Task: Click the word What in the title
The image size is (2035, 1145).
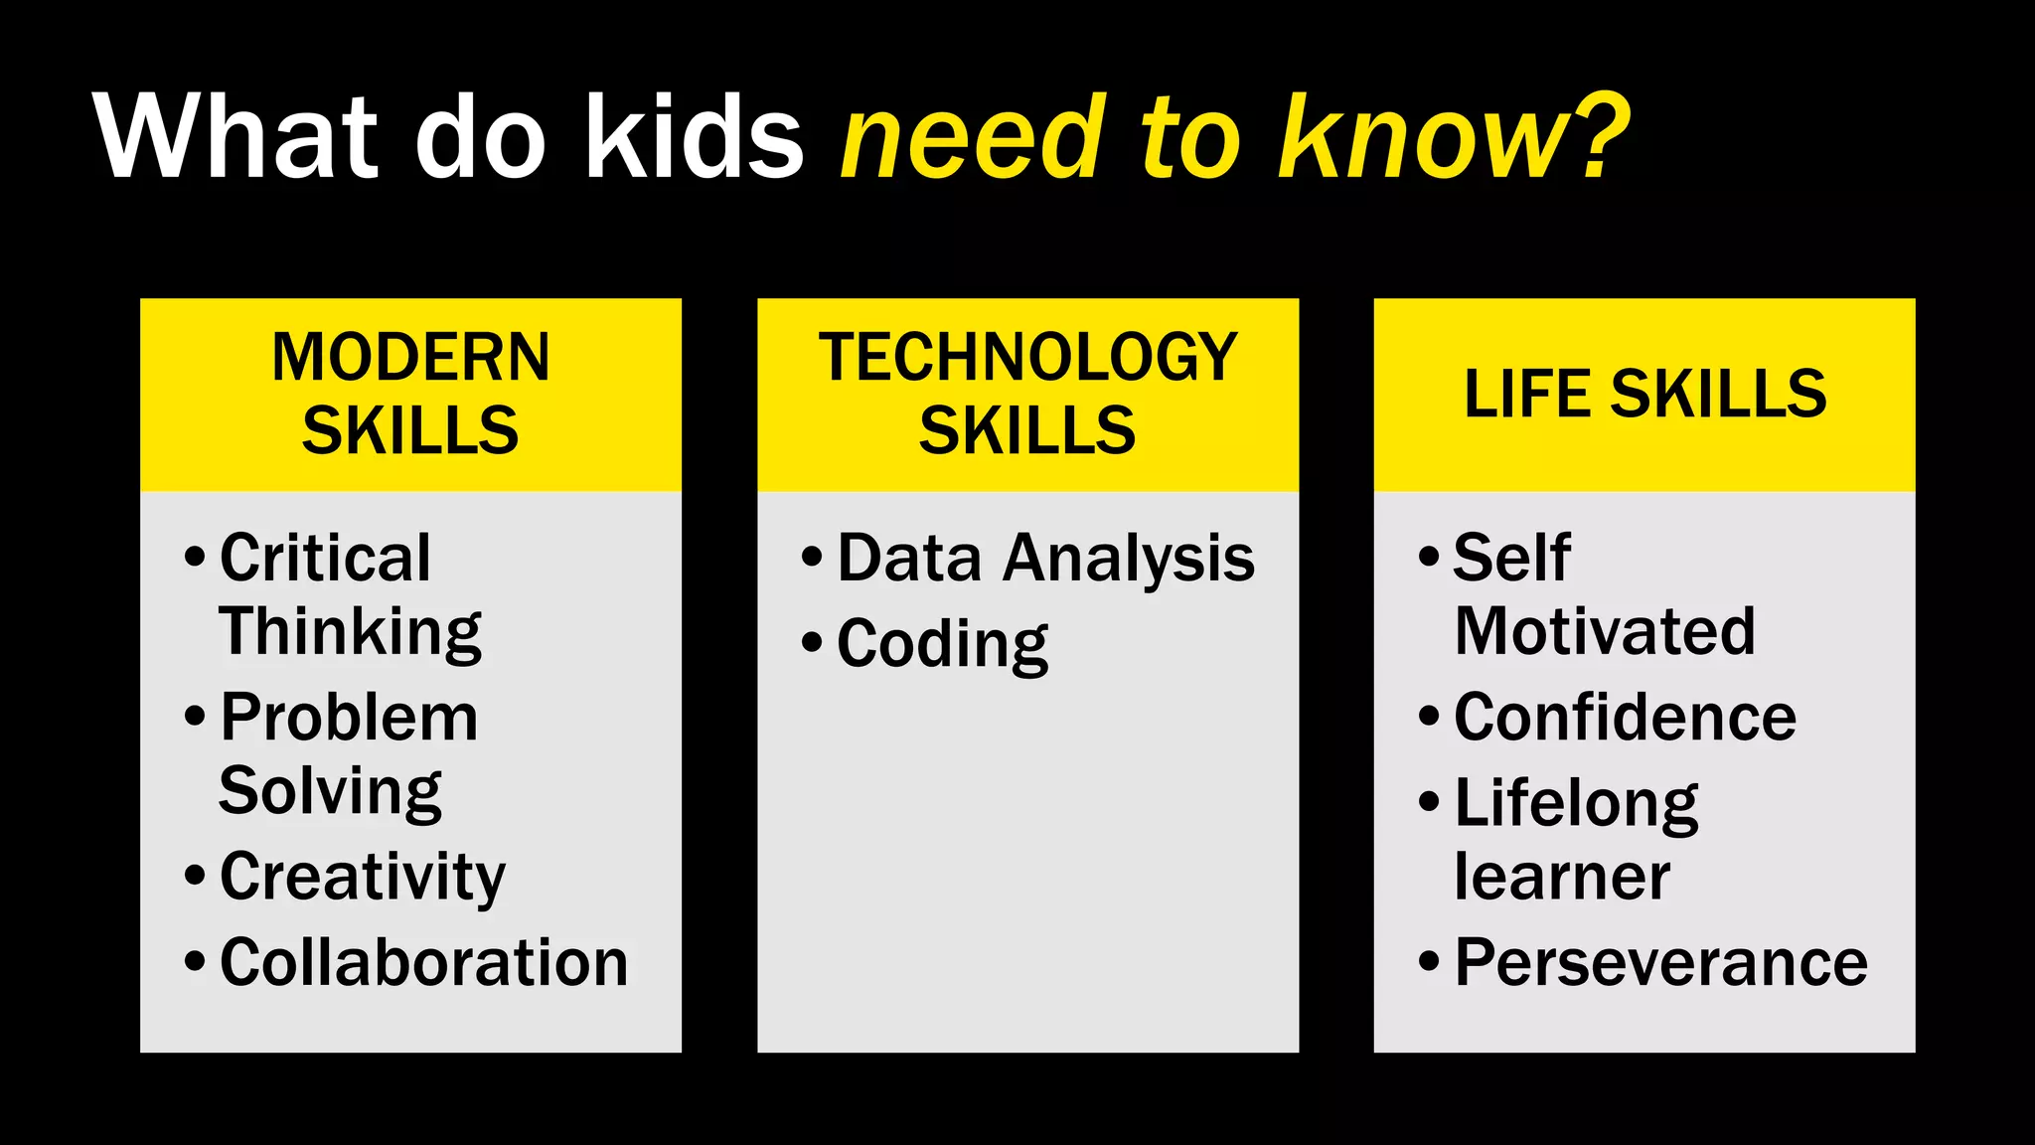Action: pyautogui.click(x=236, y=136)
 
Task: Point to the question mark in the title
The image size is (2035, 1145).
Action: pyautogui.click(x=1598, y=136)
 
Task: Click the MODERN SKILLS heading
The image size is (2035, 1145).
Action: pyautogui.click(x=410, y=394)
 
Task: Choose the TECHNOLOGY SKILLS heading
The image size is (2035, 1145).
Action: pyautogui.click(x=1027, y=394)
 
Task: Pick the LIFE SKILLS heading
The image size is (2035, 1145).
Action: pyautogui.click(x=1644, y=394)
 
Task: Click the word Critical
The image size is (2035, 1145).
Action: pyautogui.click(x=325, y=558)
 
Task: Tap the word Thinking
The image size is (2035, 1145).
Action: pyautogui.click(x=350, y=632)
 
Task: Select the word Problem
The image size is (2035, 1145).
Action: pyautogui.click(x=349, y=718)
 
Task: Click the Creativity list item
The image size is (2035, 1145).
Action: pyautogui.click(x=363, y=878)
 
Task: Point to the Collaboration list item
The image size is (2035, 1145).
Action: pyautogui.click(x=423, y=962)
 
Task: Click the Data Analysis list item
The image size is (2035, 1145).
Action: pyautogui.click(x=1045, y=558)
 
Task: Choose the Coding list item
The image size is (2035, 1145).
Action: pyautogui.click(x=942, y=644)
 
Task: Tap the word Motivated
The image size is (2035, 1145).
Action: pyautogui.click(x=1605, y=631)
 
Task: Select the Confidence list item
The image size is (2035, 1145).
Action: pyautogui.click(x=1625, y=718)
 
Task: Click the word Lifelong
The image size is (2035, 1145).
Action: pyautogui.click(x=1576, y=803)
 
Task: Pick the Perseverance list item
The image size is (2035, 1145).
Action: pyautogui.click(x=1660, y=962)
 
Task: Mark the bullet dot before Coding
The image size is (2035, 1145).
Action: pyautogui.click(x=812, y=642)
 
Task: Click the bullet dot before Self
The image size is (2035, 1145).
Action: pyautogui.click(x=1429, y=556)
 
